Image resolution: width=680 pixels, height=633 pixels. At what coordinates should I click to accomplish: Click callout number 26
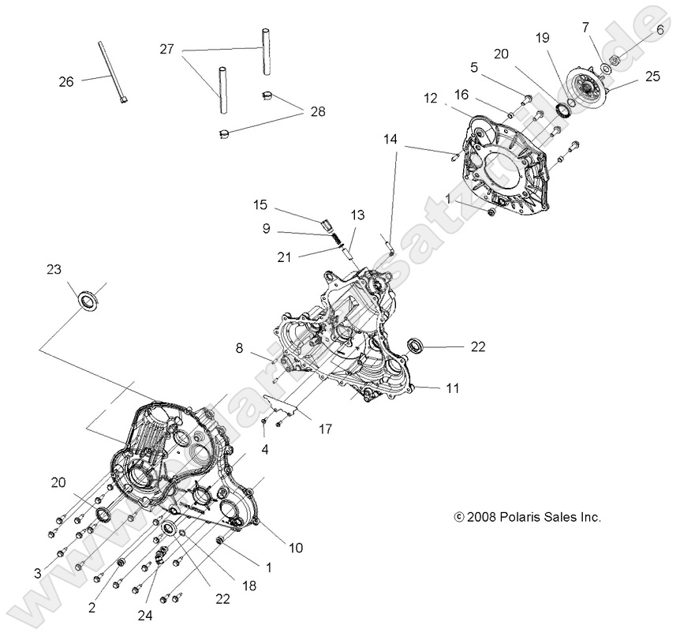pos(67,81)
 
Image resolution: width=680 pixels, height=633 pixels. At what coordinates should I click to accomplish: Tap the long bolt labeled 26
pos(112,72)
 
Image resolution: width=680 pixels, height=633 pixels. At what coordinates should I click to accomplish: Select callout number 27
pos(166,49)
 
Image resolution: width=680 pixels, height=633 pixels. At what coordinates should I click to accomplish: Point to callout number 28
pos(316,113)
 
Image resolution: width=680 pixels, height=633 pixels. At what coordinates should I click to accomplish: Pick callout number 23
pos(54,269)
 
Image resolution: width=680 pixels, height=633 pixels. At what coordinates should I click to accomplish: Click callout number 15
pos(260,205)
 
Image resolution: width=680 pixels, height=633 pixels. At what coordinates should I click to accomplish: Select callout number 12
pos(430,98)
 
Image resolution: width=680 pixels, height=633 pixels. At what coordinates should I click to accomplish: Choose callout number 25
pos(652,77)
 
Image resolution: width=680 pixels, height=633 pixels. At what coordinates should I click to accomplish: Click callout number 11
pos(452,388)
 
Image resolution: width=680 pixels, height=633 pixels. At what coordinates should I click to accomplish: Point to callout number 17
pos(324,429)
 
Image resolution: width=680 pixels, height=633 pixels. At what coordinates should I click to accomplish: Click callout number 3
pos(37,571)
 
